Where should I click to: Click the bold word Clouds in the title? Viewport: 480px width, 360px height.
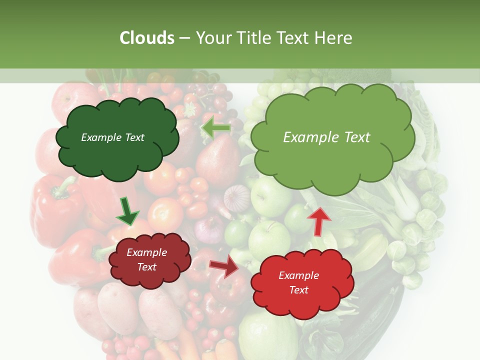click(x=147, y=38)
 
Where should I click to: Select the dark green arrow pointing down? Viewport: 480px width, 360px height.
click(x=127, y=212)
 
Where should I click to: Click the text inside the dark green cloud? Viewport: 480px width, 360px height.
click(x=112, y=137)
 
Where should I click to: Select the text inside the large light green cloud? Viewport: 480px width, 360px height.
click(x=326, y=137)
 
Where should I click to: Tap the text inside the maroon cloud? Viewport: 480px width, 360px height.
click(x=147, y=259)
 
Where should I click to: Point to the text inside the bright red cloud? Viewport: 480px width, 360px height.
click(x=298, y=282)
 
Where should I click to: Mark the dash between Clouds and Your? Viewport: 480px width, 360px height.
click(x=184, y=38)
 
